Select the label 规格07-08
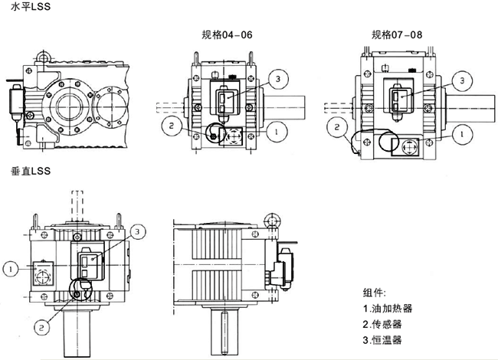click(397, 34)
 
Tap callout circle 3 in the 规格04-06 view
click(280, 79)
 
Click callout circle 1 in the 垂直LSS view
click(10, 269)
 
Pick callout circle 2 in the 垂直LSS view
click(43, 325)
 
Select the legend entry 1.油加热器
click(388, 309)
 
